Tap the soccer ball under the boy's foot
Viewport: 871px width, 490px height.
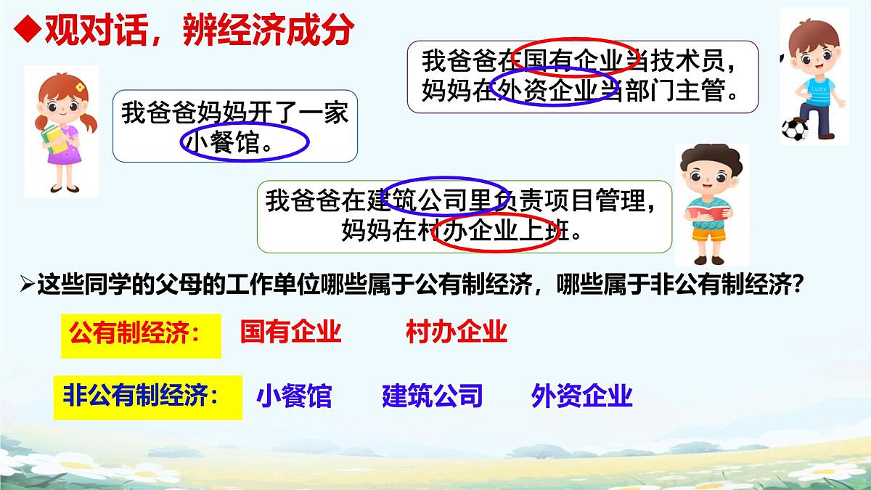coord(795,129)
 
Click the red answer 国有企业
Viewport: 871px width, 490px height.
coord(290,332)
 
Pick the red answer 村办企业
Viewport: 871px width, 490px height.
coord(457,332)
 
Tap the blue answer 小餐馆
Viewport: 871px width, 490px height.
coord(294,396)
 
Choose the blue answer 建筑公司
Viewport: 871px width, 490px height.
coord(432,396)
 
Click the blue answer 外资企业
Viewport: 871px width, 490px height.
coord(582,396)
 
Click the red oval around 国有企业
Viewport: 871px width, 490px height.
coord(576,57)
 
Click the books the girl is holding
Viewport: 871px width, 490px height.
coord(53,138)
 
